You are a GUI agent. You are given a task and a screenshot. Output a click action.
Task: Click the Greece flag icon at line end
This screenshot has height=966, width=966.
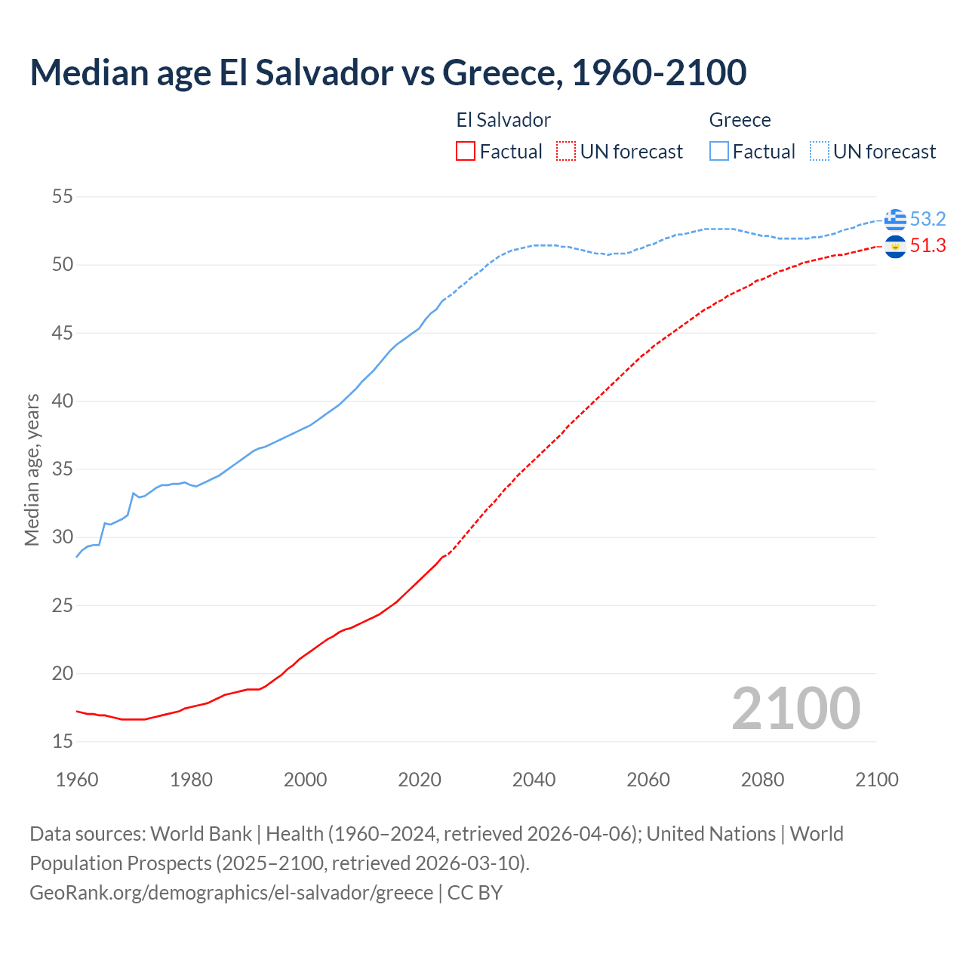895,220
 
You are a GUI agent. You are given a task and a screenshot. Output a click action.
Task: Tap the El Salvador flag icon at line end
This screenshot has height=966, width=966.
895,247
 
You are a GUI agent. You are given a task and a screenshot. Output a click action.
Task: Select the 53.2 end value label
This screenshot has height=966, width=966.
928,220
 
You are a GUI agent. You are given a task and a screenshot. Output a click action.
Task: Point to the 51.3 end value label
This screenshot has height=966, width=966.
928,246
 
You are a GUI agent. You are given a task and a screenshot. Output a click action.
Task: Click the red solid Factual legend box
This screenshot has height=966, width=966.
466,152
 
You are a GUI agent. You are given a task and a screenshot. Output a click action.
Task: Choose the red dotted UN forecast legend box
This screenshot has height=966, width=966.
566,152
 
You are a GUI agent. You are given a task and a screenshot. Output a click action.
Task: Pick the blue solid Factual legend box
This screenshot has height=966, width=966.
719,152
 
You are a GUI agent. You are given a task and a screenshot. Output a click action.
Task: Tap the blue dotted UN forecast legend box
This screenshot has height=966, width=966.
820,152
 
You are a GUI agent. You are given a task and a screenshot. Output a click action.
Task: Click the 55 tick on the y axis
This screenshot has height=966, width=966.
63,197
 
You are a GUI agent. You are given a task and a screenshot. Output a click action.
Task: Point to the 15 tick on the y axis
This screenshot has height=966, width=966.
63,742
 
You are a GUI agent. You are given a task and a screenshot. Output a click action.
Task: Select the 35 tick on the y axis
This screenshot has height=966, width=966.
63,469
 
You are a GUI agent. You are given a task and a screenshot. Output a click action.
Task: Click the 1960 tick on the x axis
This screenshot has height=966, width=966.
77,780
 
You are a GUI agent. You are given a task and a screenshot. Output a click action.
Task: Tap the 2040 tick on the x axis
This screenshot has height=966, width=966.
534,780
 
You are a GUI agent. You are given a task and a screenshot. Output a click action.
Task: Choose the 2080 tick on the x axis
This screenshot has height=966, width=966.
762,780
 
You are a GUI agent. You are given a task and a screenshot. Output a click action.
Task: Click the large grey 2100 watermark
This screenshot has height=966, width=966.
795,709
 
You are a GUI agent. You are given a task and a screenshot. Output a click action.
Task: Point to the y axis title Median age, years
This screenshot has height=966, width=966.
32,469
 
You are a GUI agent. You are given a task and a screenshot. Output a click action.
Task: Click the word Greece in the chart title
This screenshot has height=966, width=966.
501,72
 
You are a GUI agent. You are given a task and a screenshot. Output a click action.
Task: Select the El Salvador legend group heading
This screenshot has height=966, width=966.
503,121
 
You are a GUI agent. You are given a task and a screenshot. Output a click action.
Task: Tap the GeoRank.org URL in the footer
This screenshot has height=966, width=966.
231,893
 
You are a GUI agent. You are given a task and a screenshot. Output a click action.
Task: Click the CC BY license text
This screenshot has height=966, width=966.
475,893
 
